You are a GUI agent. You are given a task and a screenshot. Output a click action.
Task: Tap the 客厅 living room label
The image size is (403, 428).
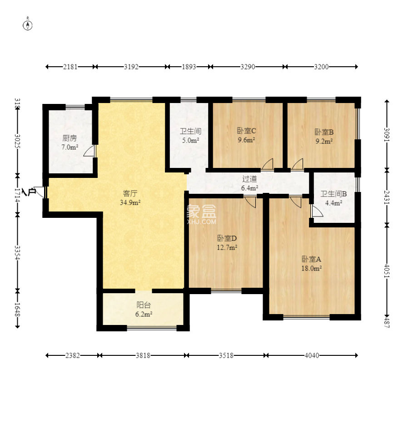(130, 193)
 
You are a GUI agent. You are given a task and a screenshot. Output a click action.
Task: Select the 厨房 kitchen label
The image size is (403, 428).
(70, 138)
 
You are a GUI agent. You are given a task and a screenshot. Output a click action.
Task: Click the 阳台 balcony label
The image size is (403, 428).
(144, 305)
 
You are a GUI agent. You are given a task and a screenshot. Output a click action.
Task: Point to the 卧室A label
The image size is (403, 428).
(311, 259)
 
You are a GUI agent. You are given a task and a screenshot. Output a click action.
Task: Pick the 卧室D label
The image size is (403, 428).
(227, 238)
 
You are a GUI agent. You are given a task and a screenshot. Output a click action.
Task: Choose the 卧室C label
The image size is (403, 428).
(246, 131)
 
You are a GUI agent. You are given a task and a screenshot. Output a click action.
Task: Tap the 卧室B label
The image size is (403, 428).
(324, 132)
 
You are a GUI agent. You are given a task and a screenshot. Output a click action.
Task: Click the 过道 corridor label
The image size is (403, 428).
(249, 179)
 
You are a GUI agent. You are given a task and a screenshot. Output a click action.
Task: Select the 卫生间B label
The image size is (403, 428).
(333, 194)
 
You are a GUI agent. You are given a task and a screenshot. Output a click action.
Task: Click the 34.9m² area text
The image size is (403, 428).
(130, 202)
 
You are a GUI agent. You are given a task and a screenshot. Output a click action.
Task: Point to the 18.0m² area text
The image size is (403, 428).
(311, 268)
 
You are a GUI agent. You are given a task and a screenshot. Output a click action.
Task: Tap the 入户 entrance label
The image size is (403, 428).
(29, 192)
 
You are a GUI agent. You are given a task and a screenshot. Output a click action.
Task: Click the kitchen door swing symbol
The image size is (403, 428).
(90, 151)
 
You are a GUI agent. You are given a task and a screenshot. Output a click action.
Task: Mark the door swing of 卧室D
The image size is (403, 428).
(250, 202)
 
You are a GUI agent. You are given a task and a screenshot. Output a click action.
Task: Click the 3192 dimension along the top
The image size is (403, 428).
(131, 67)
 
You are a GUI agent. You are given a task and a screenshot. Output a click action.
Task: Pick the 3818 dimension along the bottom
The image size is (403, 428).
(143, 355)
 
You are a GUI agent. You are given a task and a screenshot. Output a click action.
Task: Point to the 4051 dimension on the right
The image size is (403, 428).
(387, 271)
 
